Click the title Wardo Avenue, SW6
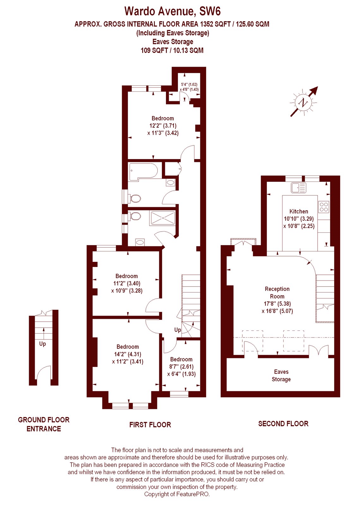tap(173, 11)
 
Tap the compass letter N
tap(303, 103)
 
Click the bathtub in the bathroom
tap(143, 172)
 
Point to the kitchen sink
tap(298, 188)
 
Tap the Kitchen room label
tap(299, 212)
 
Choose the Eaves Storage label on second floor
tap(281, 375)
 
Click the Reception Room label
tap(277, 293)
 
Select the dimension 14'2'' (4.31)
tap(128, 354)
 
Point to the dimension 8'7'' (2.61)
tap(182, 367)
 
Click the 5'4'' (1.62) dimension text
tap(189, 85)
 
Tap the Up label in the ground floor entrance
tap(42, 344)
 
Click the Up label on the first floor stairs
tap(178, 330)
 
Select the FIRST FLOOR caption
tap(150, 425)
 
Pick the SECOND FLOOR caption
tap(283, 424)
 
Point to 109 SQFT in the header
tap(154, 50)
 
